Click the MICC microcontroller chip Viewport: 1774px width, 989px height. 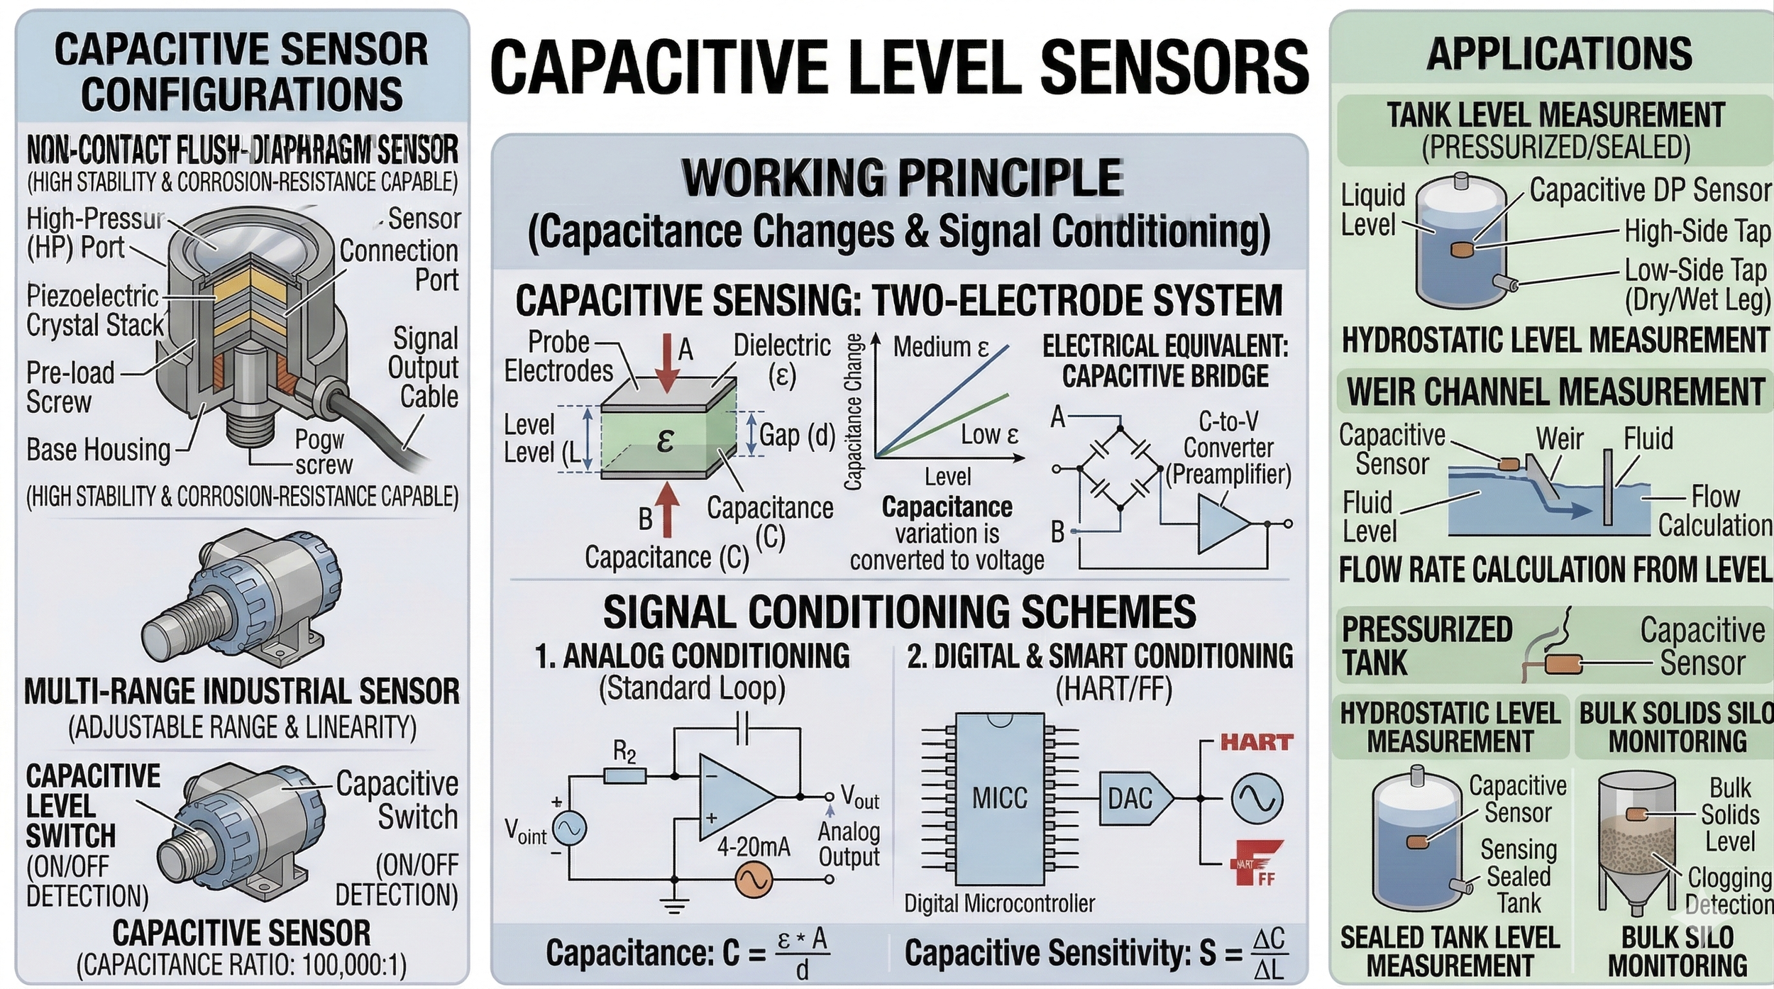coord(999,799)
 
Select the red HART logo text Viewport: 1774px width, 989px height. coord(1257,743)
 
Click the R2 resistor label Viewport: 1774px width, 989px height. coord(624,752)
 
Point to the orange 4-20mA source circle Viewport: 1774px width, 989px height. coord(753,880)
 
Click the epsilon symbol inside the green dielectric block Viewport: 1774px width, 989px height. coord(665,441)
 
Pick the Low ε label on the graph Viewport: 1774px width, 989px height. coord(989,435)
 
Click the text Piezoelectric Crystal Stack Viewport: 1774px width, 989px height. coord(94,311)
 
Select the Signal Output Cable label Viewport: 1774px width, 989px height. coord(424,368)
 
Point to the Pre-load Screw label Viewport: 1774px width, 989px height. coord(70,387)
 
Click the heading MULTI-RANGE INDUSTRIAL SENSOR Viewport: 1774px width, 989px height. coord(242,692)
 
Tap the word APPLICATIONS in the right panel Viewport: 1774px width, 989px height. coord(1559,53)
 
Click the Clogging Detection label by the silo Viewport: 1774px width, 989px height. coord(1729,891)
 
